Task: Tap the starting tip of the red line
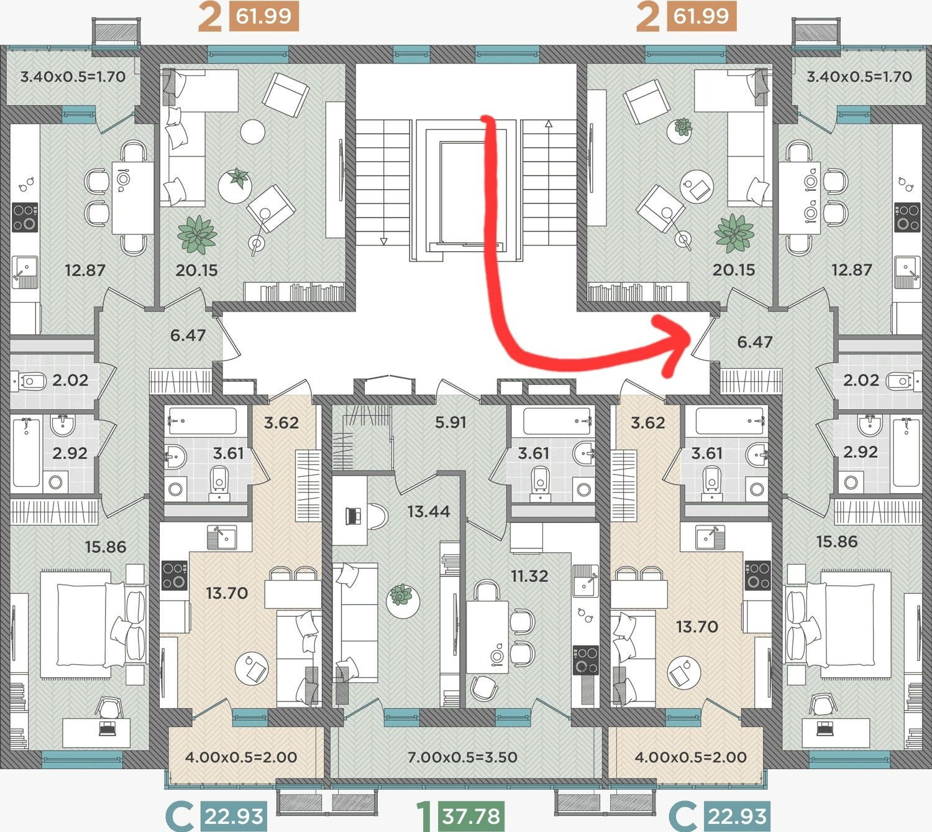487,118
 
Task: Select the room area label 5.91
450,422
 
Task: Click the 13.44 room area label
429,512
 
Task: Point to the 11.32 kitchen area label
529,576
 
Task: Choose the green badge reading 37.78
471,815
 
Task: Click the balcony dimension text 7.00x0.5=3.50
462,757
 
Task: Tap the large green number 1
424,815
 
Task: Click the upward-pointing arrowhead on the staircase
549,123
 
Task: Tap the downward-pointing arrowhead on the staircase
383,241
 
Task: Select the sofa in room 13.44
354,622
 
